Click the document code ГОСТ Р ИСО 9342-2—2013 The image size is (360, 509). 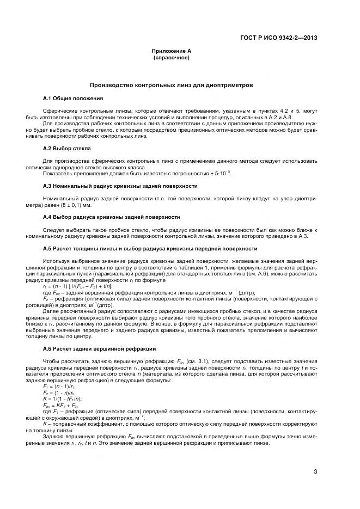tap(279, 38)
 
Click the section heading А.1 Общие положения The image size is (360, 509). tap(72, 98)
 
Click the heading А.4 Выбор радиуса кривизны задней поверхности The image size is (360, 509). tap(111, 217)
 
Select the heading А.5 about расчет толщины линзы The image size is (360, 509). tap(150, 248)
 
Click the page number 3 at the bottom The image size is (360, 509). tap(315, 471)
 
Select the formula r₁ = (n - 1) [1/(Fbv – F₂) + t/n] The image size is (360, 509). tap(77, 286)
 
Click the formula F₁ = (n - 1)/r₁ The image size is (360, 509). tap(58, 385)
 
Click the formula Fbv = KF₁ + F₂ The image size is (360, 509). tap(60, 405)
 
